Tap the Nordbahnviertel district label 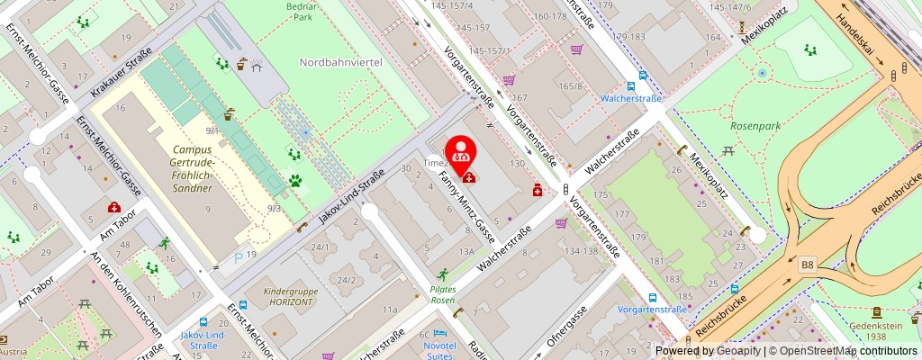(341, 62)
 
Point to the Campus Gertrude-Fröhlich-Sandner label (192, 168)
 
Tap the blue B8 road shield (808, 264)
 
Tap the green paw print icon (294, 180)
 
